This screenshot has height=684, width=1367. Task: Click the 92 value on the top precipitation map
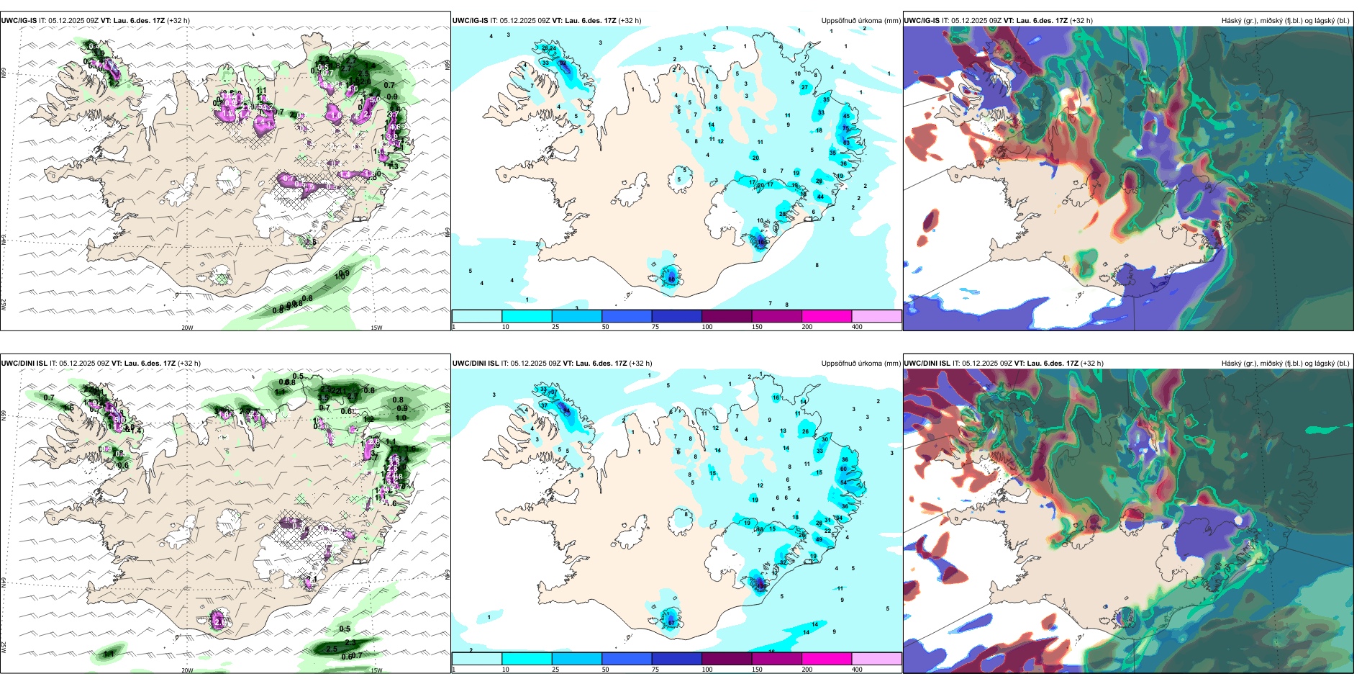[x=563, y=63]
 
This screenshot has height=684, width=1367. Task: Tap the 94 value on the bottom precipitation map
[x=567, y=411]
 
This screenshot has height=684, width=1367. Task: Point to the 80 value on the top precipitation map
[x=671, y=279]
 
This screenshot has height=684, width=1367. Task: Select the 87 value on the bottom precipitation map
[x=671, y=622]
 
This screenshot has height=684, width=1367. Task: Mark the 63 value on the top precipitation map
[x=846, y=143]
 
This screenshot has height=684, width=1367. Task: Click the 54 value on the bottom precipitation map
[x=843, y=482]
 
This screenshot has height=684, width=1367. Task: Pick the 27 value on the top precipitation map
[x=804, y=87]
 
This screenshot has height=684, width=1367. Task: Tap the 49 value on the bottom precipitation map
[x=819, y=539]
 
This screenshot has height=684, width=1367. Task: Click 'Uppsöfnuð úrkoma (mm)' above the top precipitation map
[x=860, y=21]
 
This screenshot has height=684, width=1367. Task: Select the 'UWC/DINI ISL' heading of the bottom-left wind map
[x=24, y=364]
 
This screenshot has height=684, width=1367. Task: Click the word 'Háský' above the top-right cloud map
[x=1232, y=21]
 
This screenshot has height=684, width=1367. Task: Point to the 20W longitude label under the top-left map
[x=187, y=328]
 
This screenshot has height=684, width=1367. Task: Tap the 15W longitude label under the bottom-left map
[x=376, y=670]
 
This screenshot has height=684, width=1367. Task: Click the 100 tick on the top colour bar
[x=707, y=327]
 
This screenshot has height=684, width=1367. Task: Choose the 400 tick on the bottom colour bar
[x=856, y=670]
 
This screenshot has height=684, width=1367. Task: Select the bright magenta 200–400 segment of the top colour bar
[x=826, y=316]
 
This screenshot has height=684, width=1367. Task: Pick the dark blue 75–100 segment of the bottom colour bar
[x=676, y=659]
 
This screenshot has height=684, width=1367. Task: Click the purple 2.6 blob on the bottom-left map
[x=218, y=620]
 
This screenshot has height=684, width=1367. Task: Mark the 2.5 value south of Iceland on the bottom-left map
[x=332, y=649]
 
